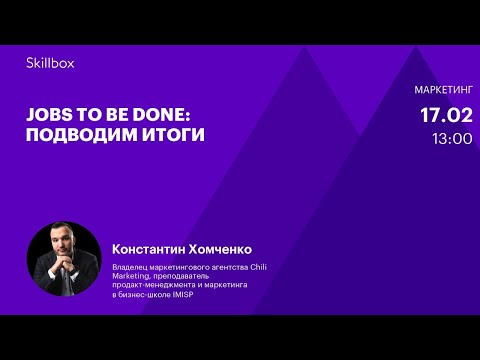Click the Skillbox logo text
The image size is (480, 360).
[50, 63]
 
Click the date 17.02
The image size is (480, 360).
[445, 115]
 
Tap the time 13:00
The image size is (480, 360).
[452, 139]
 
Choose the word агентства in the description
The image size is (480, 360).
[212, 265]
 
